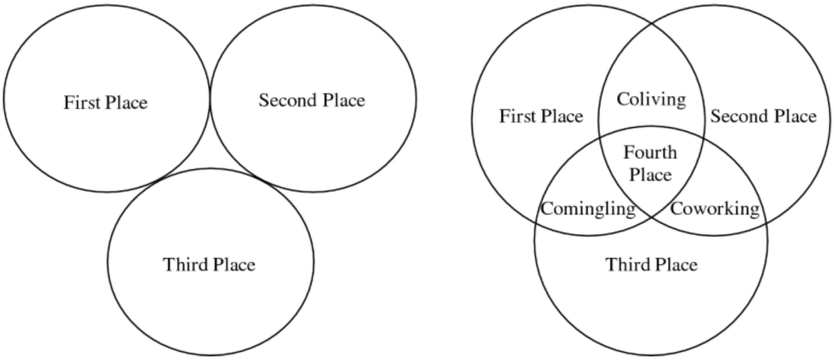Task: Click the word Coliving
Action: point(651,99)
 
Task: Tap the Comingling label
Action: point(588,209)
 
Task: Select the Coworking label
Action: point(714,209)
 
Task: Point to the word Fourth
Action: point(650,152)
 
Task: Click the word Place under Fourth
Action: point(650,175)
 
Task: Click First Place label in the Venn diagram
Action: point(541,116)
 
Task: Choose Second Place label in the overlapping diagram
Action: point(763,116)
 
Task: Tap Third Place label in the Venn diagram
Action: point(652,264)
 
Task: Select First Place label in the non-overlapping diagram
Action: point(105,102)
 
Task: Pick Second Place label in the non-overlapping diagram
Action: point(312,100)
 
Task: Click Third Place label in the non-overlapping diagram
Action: point(209,264)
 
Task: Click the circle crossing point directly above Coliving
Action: point(652,25)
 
